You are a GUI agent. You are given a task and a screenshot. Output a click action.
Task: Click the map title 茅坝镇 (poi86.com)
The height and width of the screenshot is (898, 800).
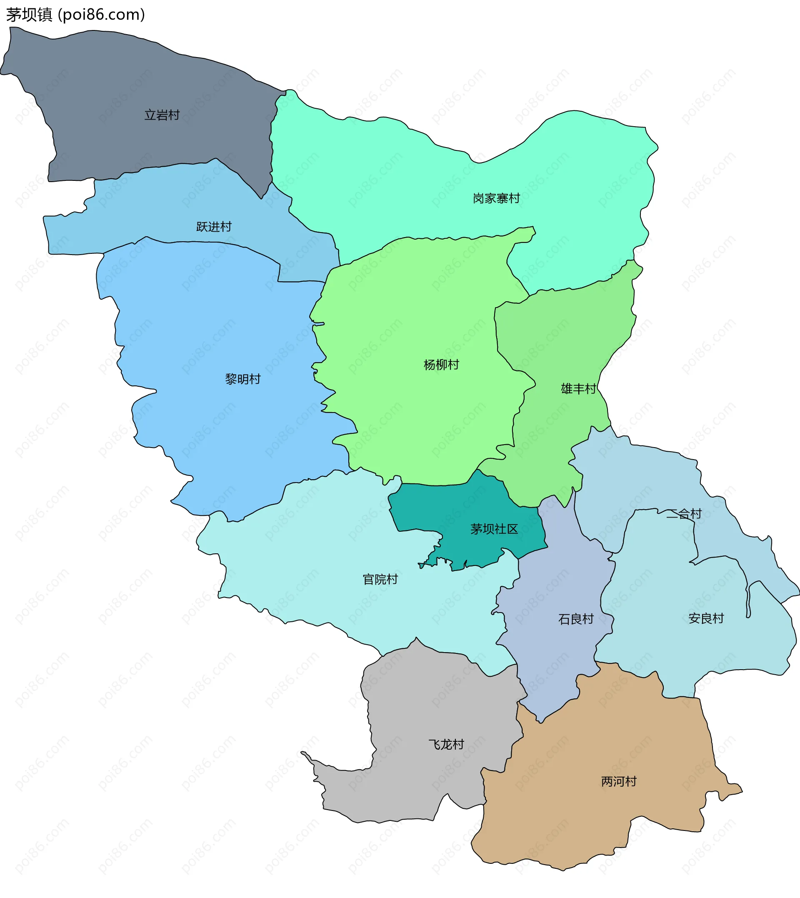[75, 15]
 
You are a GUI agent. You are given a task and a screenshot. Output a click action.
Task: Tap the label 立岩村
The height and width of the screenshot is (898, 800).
[162, 115]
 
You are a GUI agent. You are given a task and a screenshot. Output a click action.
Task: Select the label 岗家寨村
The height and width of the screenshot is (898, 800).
[496, 199]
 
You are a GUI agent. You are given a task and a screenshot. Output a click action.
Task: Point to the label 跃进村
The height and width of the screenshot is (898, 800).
[214, 227]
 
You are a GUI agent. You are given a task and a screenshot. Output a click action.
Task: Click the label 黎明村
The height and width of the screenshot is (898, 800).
[242, 379]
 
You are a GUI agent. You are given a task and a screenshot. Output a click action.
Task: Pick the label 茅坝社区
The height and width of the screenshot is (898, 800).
[494, 529]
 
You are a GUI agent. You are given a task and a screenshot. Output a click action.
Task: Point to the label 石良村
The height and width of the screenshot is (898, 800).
[576, 619]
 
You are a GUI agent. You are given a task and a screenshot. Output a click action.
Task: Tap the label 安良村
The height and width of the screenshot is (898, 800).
[706, 619]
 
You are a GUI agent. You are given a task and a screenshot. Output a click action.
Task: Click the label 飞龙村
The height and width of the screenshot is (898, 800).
[446, 745]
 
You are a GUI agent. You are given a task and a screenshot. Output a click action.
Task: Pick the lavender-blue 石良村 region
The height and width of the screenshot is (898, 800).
[554, 659]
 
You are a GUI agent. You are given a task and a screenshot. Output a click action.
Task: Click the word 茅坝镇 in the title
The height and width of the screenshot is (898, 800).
[29, 15]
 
